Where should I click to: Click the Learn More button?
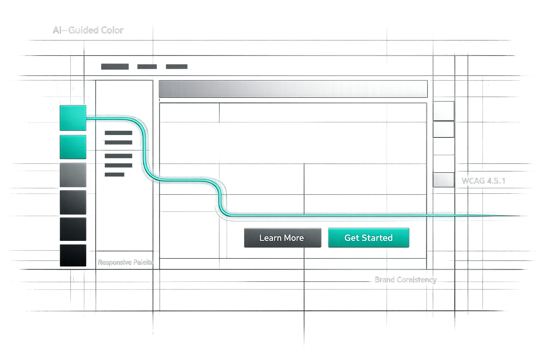282,238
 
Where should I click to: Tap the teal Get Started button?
368,238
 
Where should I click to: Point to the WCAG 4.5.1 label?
483,181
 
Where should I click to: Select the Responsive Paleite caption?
126,262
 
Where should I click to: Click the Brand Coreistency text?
406,280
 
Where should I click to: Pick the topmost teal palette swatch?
73,118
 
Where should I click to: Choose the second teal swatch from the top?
73,147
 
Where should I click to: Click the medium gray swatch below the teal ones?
73,175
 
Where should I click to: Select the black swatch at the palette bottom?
73,256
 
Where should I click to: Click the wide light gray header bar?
293,89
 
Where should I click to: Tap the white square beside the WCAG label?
443,180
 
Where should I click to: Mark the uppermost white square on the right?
443,111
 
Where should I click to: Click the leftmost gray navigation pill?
115,67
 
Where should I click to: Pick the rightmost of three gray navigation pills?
176,67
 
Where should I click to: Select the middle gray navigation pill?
147,67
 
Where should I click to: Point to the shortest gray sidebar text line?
115,174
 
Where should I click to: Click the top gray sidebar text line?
118,133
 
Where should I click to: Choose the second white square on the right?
443,129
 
